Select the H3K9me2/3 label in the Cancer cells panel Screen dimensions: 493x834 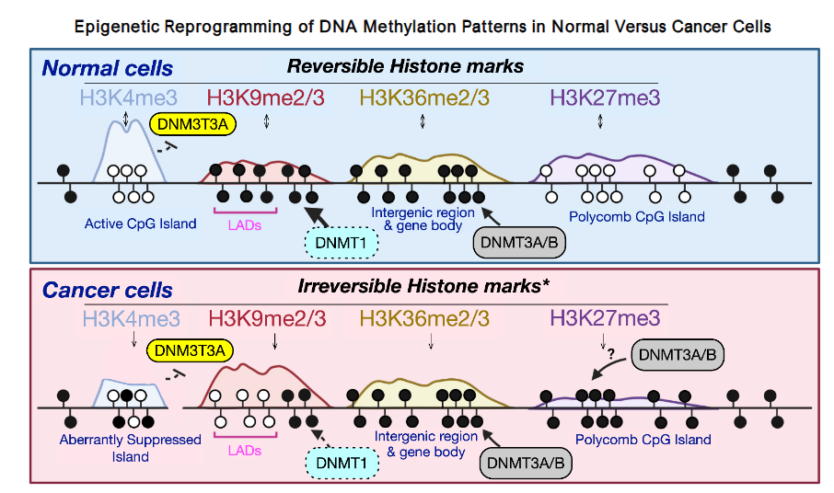(268, 319)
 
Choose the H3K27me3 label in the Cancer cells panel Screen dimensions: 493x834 (605, 319)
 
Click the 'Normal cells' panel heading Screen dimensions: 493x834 (108, 67)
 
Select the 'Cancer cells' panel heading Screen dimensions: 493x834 (108, 291)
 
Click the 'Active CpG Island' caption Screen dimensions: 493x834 (140, 224)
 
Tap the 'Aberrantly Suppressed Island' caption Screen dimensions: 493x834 (130, 448)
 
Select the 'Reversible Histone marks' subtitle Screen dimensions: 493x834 (405, 66)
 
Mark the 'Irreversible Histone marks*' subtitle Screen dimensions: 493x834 (423, 286)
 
